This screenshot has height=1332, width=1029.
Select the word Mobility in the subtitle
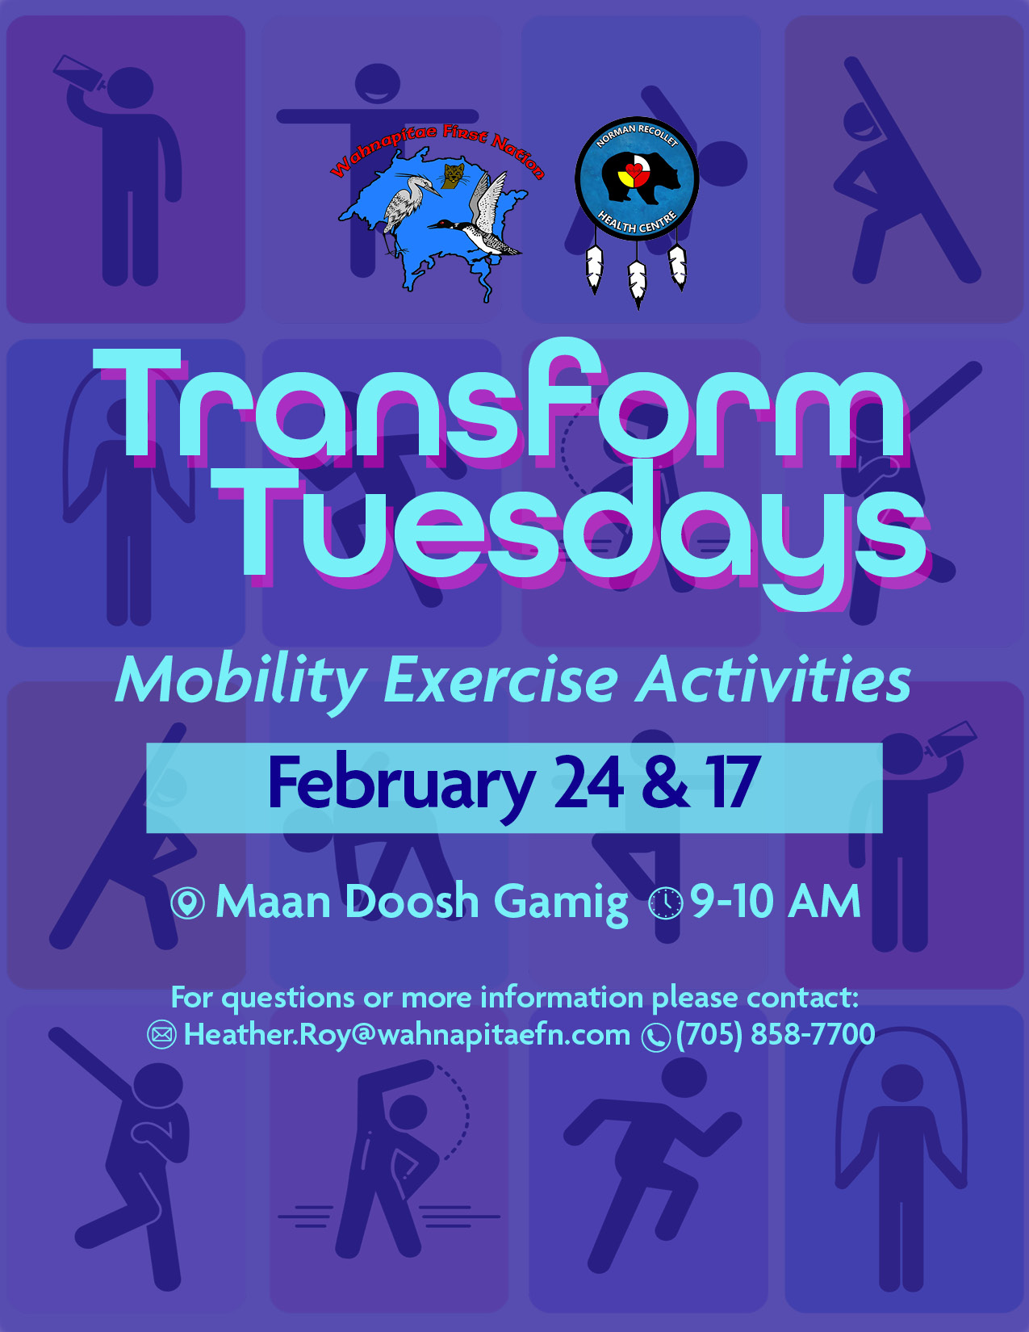[x=241, y=681]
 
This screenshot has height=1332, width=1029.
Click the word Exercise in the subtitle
[x=500, y=681]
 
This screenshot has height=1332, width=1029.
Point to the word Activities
[x=773, y=681]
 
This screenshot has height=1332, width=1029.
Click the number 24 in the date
[x=588, y=782]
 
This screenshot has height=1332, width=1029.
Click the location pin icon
[x=188, y=903]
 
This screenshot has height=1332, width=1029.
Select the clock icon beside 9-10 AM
[x=666, y=903]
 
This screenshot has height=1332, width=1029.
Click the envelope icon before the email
[x=161, y=1035]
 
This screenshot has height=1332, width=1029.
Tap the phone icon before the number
[x=655, y=1037]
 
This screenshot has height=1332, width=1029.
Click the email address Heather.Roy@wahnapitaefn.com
[x=407, y=1034]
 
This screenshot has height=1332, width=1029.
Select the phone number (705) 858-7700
[x=776, y=1034]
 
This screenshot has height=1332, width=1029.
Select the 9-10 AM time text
[x=775, y=901]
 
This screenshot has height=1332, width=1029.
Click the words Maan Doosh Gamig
[x=421, y=901]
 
